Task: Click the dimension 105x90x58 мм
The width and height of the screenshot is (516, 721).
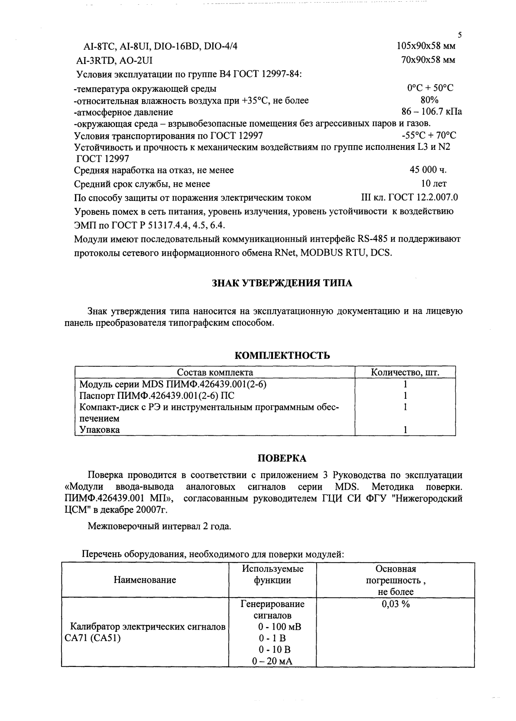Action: tap(426, 45)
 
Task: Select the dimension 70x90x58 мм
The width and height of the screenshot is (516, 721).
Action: tap(428, 60)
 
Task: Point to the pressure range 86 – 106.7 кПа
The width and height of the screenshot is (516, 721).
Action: tap(432, 112)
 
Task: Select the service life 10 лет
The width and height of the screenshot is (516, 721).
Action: tap(434, 184)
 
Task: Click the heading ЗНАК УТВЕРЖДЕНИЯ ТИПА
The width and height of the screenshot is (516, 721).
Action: tap(282, 283)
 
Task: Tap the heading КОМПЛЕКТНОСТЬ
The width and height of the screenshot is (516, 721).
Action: tap(282, 356)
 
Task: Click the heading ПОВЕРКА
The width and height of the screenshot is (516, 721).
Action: tap(282, 458)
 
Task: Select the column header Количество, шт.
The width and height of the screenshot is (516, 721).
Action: tap(405, 372)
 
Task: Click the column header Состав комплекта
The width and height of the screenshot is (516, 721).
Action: tap(215, 372)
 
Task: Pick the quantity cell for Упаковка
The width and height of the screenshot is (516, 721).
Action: tap(405, 430)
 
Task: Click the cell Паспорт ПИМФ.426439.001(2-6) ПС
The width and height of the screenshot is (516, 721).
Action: tap(157, 395)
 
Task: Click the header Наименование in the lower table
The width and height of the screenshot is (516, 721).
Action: tap(145, 580)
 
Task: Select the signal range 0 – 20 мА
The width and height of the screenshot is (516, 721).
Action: tap(272, 661)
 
